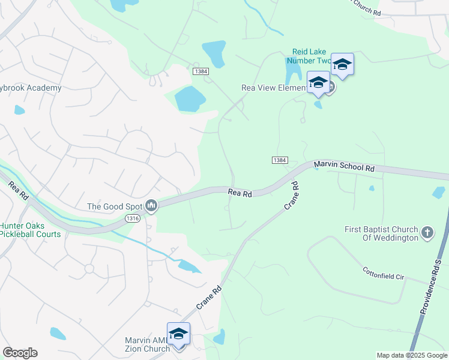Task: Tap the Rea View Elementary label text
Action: click(274, 88)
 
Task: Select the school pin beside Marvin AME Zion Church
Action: click(178, 334)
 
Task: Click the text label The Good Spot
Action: click(115, 206)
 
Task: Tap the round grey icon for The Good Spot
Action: click(151, 206)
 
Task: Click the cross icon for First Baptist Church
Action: click(427, 232)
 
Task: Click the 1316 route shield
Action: click(133, 220)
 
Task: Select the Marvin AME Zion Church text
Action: click(147, 344)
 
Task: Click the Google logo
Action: click(20, 353)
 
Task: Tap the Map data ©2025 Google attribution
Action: click(411, 355)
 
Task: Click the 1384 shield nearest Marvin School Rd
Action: click(280, 160)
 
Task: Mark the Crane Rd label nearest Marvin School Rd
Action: click(292, 195)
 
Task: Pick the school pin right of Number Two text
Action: click(342, 65)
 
